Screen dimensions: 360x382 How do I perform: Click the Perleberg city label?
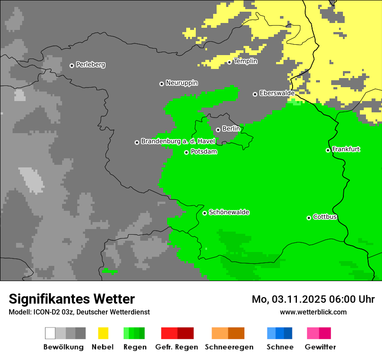(90, 65)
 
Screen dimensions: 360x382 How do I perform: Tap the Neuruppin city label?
(181, 83)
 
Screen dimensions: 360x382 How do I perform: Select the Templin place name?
(246, 61)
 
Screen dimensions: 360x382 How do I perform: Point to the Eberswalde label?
(277, 93)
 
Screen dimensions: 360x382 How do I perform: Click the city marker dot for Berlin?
(218, 130)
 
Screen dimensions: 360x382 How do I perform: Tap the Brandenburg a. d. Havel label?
(178, 141)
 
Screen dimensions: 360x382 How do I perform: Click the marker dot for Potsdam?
(186, 152)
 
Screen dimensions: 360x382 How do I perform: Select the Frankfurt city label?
(346, 149)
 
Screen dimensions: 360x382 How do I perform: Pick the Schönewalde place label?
(229, 213)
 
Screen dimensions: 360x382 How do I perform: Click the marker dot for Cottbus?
(309, 218)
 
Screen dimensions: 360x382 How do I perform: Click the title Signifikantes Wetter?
(72, 299)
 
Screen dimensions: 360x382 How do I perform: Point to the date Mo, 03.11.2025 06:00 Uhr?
(313, 299)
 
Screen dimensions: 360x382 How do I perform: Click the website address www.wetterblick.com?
(313, 312)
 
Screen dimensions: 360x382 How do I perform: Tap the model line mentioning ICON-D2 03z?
(79, 312)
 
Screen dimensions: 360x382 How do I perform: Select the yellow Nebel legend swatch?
(103, 333)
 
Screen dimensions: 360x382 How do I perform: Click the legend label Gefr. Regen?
(176, 347)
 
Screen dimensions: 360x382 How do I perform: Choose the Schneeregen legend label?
(229, 347)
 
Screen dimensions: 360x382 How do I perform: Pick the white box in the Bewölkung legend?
(50, 333)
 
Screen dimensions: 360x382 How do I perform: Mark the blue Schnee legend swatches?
(280, 333)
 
